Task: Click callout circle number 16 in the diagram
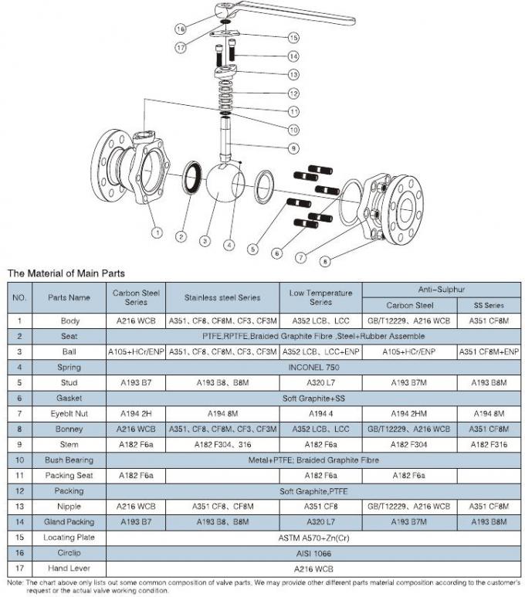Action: point(180,29)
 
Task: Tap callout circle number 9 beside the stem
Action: point(293,148)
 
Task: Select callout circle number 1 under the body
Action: point(156,230)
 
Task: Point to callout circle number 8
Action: point(324,261)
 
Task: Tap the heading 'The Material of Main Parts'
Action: point(66,273)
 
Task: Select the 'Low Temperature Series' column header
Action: point(320,297)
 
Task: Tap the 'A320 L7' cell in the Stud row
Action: point(320,382)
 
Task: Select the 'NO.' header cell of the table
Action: point(19,297)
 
